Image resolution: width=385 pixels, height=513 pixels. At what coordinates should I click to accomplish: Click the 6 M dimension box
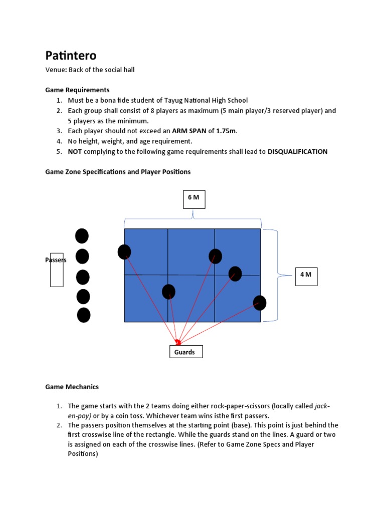[x=194, y=198]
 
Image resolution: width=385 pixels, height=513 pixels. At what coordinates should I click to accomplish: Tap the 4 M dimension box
[x=306, y=275]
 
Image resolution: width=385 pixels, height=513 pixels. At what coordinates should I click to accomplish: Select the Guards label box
[x=185, y=352]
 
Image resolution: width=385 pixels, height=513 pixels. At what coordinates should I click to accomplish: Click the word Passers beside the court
[x=56, y=260]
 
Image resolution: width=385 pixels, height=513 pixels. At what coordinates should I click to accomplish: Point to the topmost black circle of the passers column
[x=82, y=236]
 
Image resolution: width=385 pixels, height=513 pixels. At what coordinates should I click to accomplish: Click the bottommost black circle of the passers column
[x=84, y=315]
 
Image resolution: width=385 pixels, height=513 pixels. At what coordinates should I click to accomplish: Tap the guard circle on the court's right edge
[x=260, y=303]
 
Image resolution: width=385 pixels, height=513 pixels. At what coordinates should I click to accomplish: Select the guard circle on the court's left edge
[x=124, y=252]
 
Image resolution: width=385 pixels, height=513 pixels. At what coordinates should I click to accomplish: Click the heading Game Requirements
[x=77, y=90]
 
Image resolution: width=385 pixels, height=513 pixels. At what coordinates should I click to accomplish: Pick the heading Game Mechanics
[x=72, y=387]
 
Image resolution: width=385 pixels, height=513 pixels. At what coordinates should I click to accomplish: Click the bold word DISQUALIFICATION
[x=297, y=151]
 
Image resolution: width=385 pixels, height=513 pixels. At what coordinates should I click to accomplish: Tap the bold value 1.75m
[x=226, y=131]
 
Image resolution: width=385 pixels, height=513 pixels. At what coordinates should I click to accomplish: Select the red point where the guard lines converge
[x=178, y=343]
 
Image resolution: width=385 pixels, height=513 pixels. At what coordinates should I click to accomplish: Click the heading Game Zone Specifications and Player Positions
[x=118, y=172]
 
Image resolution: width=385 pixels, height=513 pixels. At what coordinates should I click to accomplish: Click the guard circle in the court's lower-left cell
[x=168, y=292]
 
